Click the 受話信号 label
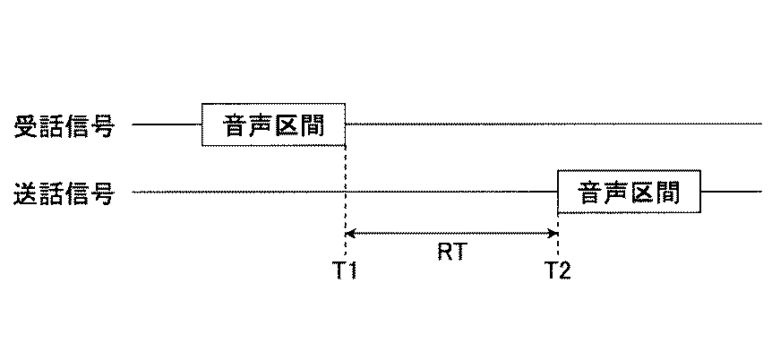[64, 125]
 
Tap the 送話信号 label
[64, 193]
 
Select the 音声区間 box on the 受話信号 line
[273, 124]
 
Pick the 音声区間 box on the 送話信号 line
[629, 192]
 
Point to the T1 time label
[346, 270]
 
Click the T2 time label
[557, 270]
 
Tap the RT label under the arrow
[450, 253]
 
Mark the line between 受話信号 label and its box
[167, 124]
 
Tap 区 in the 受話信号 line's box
[286, 124]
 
